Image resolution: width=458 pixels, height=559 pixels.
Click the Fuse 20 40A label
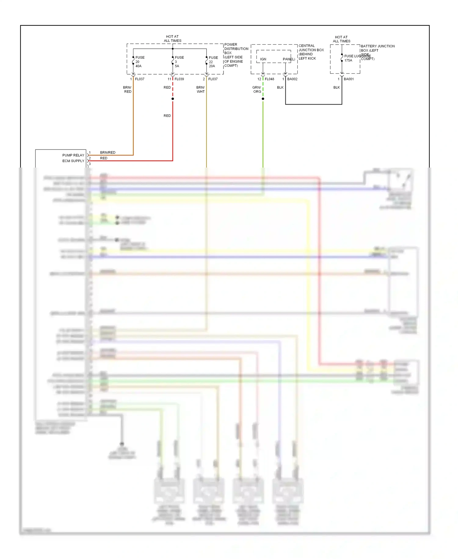(x=140, y=62)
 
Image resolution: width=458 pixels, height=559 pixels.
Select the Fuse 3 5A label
(x=179, y=62)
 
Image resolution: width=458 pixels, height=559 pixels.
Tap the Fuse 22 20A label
(x=213, y=62)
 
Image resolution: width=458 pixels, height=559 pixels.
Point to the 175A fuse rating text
(x=348, y=61)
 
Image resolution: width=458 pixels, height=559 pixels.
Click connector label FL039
(x=179, y=79)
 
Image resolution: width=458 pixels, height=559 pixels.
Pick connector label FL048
(x=269, y=79)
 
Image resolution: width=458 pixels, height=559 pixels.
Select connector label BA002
(x=292, y=79)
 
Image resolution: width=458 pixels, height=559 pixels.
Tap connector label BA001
(x=349, y=79)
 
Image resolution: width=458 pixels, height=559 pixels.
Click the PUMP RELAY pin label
(x=73, y=155)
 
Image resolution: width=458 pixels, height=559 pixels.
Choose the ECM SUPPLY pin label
(x=73, y=161)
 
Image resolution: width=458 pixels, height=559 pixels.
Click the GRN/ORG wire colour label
(x=257, y=90)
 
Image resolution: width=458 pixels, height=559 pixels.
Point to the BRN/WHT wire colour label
(x=201, y=90)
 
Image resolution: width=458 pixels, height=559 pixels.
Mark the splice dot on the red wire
(x=173, y=99)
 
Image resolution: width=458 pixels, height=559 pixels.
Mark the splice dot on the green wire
(x=263, y=99)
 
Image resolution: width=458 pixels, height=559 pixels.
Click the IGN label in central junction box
(x=263, y=59)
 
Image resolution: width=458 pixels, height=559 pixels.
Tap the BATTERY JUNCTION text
(x=378, y=46)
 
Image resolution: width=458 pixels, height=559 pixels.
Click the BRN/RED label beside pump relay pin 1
(x=108, y=153)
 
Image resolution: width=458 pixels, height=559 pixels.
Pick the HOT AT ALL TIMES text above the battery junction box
(x=341, y=39)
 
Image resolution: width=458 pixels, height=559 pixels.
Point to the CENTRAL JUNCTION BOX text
(x=311, y=48)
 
